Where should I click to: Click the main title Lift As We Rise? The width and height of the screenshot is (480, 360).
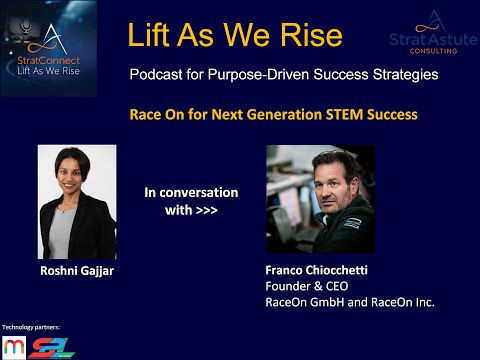235,36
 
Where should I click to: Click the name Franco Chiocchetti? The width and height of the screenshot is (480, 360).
320,270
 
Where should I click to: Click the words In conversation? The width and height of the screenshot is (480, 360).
191,192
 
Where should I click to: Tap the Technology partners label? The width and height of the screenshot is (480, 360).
30,327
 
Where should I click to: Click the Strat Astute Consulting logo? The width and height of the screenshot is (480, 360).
431,35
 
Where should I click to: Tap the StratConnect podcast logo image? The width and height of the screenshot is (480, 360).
49,48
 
